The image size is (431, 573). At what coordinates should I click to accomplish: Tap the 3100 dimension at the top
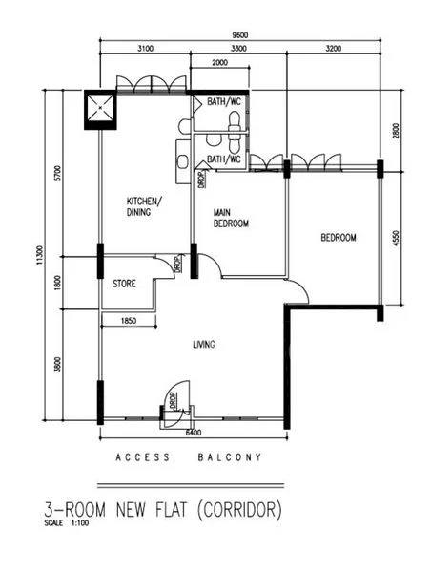pos(146,47)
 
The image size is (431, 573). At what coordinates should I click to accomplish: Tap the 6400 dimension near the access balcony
pos(194,432)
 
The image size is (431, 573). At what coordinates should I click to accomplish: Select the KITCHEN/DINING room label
pos(145,207)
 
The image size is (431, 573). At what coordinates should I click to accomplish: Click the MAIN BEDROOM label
pos(231,218)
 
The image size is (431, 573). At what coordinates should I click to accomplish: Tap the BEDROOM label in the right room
pos(338,238)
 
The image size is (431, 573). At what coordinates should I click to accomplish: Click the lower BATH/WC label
pos(223,159)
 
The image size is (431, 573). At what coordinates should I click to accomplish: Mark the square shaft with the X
pos(100,109)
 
